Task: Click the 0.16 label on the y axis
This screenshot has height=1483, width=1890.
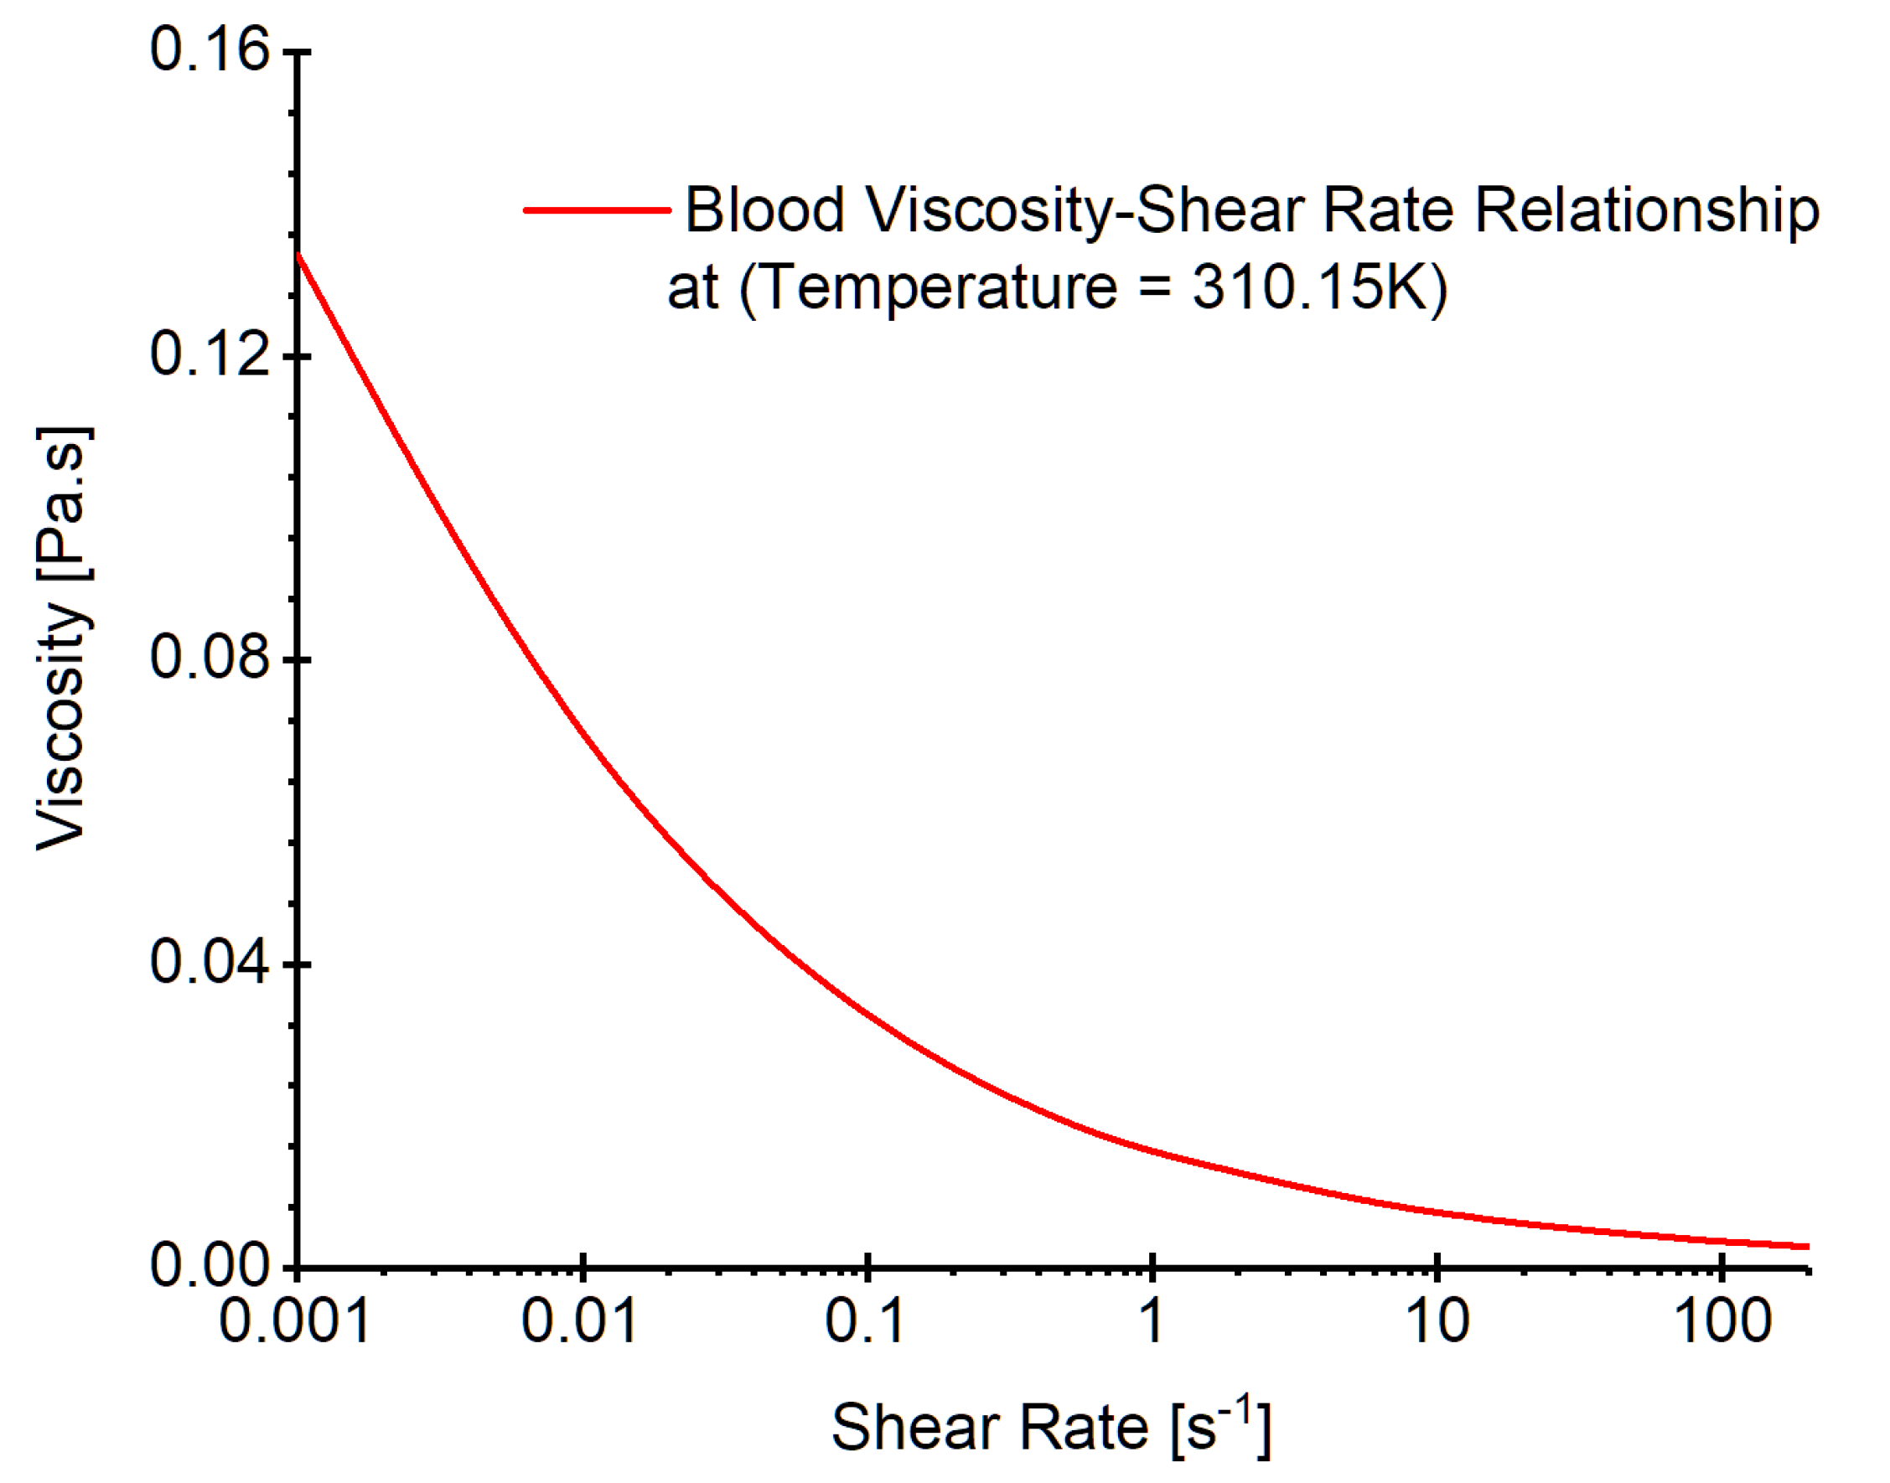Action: [x=210, y=49]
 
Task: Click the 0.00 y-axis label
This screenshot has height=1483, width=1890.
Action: [x=210, y=1266]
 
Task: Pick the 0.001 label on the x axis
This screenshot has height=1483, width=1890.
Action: [x=294, y=1322]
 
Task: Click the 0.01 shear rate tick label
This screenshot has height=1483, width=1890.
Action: [x=579, y=1322]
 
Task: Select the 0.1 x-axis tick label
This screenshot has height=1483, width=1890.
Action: [x=865, y=1322]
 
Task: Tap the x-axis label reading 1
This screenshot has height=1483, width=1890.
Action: [x=1152, y=1322]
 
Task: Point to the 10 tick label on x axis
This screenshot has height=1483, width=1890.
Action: [x=1437, y=1322]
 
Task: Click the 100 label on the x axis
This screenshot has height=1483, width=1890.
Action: [x=1722, y=1322]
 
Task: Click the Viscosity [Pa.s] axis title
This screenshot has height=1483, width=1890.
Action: [x=63, y=638]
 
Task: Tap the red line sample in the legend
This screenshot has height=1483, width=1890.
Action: [x=597, y=210]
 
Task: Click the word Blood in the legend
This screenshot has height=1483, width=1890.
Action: [x=764, y=210]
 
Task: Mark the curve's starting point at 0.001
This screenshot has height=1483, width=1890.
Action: [x=298, y=255]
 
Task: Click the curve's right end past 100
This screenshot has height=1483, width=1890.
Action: [x=1807, y=1246]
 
